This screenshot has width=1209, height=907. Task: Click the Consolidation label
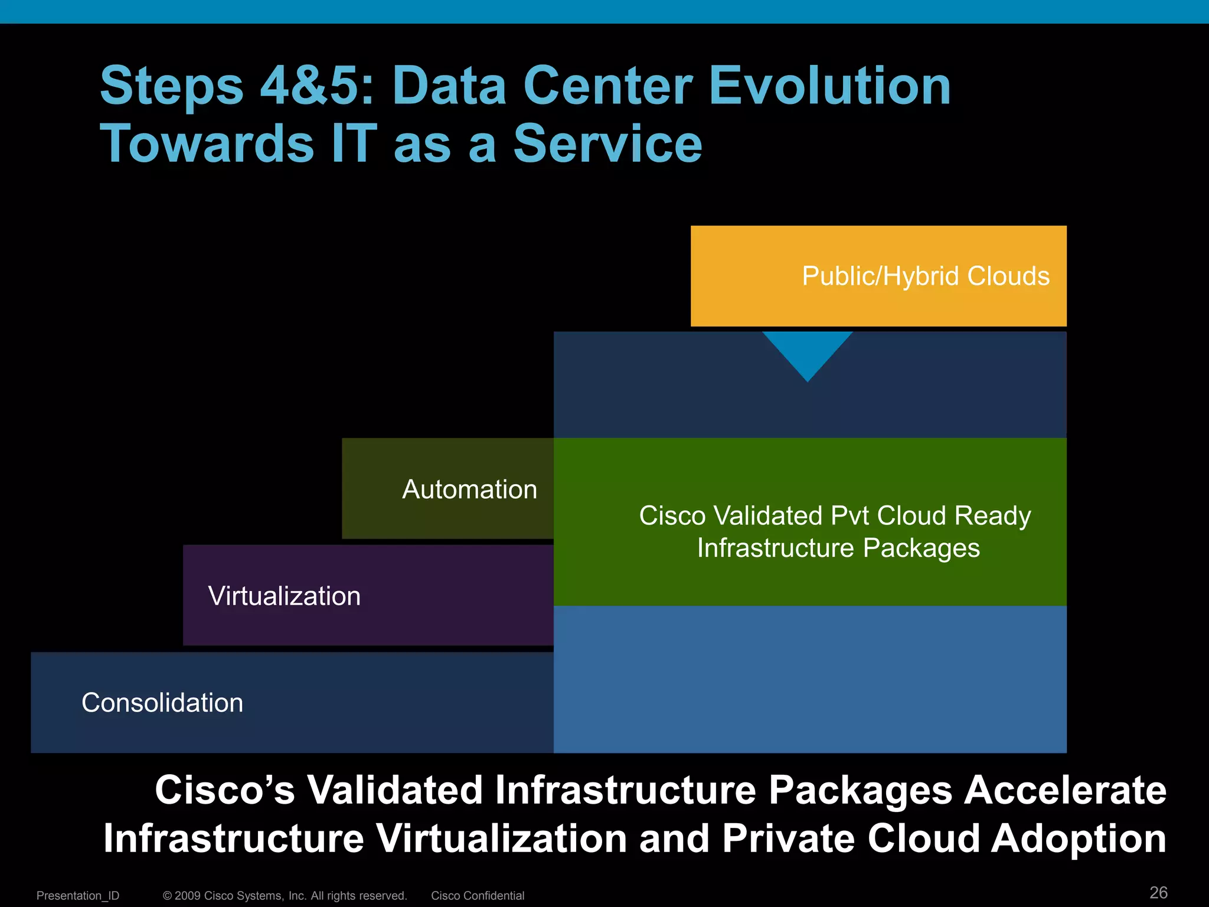(162, 703)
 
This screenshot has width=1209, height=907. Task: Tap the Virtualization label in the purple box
(284, 596)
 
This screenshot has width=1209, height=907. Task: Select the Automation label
(469, 490)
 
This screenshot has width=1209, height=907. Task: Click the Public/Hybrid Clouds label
(925, 276)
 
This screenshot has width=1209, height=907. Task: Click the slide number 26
(1158, 892)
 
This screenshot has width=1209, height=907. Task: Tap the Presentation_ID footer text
(78, 896)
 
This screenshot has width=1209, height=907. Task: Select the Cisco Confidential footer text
(478, 896)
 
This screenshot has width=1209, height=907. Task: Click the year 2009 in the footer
(188, 896)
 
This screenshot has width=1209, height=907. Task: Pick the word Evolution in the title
(829, 86)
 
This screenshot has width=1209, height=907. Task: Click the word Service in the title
(607, 144)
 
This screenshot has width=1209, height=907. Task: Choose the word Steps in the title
(172, 87)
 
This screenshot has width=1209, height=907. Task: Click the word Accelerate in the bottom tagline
(1065, 790)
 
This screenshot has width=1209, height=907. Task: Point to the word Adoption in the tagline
(1079, 839)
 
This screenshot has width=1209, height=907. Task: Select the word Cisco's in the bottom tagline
(225, 790)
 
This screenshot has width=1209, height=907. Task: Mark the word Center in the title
(607, 86)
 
